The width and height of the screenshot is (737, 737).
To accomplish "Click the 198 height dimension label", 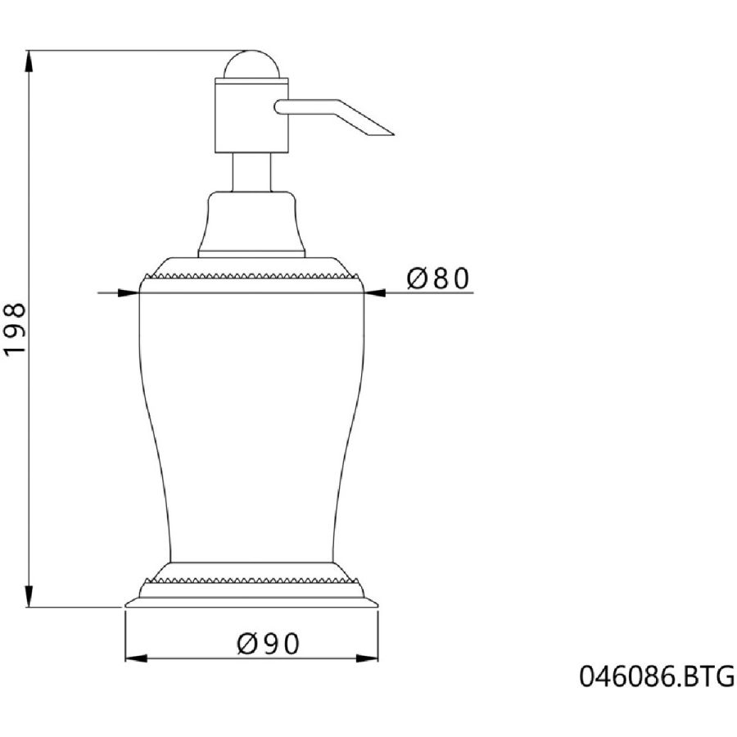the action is [x=15, y=330].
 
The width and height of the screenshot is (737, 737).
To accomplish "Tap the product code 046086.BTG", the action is [x=657, y=676].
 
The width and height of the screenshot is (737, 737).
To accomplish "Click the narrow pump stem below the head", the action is [x=251, y=172].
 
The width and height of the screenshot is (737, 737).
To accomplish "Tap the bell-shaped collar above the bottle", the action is [x=251, y=224].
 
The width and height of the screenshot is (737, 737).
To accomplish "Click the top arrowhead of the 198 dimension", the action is [x=29, y=61].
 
